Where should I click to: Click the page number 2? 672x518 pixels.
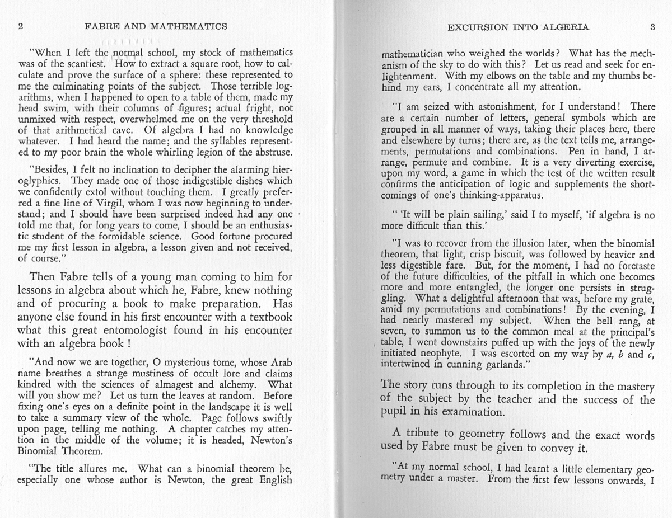click(20, 26)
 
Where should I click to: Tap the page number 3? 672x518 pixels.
click(652, 27)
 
